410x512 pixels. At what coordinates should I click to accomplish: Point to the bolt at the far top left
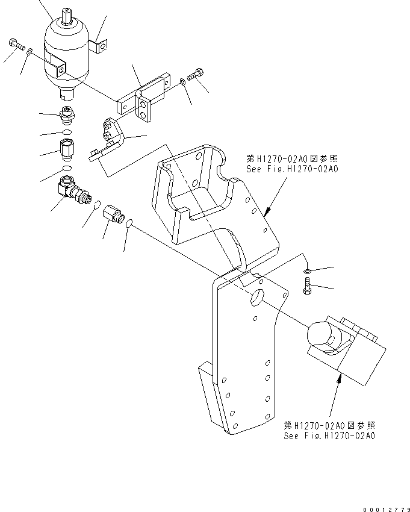15,43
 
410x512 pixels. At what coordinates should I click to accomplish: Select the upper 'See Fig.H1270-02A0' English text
292,169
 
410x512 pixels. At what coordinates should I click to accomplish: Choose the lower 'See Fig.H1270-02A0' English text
329,436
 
